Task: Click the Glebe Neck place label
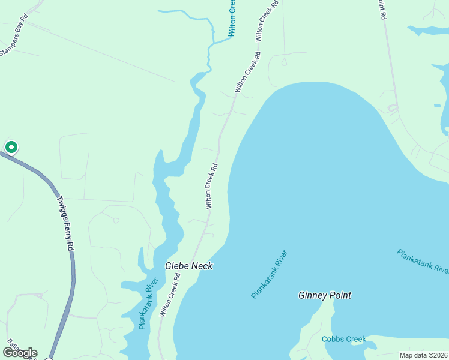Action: pyautogui.click(x=189, y=266)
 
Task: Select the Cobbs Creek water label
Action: pyautogui.click(x=343, y=339)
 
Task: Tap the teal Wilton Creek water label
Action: pyautogui.click(x=232, y=18)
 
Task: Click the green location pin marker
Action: pyautogui.click(x=11, y=146)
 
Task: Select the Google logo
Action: pyautogui.click(x=20, y=353)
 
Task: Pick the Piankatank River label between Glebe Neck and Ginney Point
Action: pyautogui.click(x=270, y=274)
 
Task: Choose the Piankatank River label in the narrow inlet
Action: pyautogui.click(x=148, y=303)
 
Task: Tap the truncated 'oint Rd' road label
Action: pyautogui.click(x=381, y=10)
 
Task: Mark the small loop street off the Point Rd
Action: pyautogui.click(x=392, y=108)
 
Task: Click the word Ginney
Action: pyautogui.click(x=312, y=295)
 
